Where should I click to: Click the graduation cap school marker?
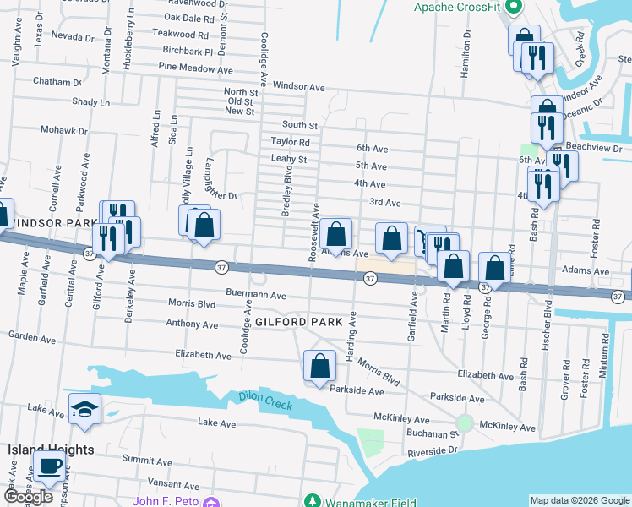[84, 410]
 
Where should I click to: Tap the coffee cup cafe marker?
[49, 466]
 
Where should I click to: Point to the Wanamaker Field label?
[370, 502]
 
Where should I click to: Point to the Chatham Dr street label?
[57, 82]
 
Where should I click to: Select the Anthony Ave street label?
[192, 324]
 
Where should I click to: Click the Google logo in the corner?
[28, 497]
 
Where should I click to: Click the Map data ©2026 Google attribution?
[579, 500]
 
